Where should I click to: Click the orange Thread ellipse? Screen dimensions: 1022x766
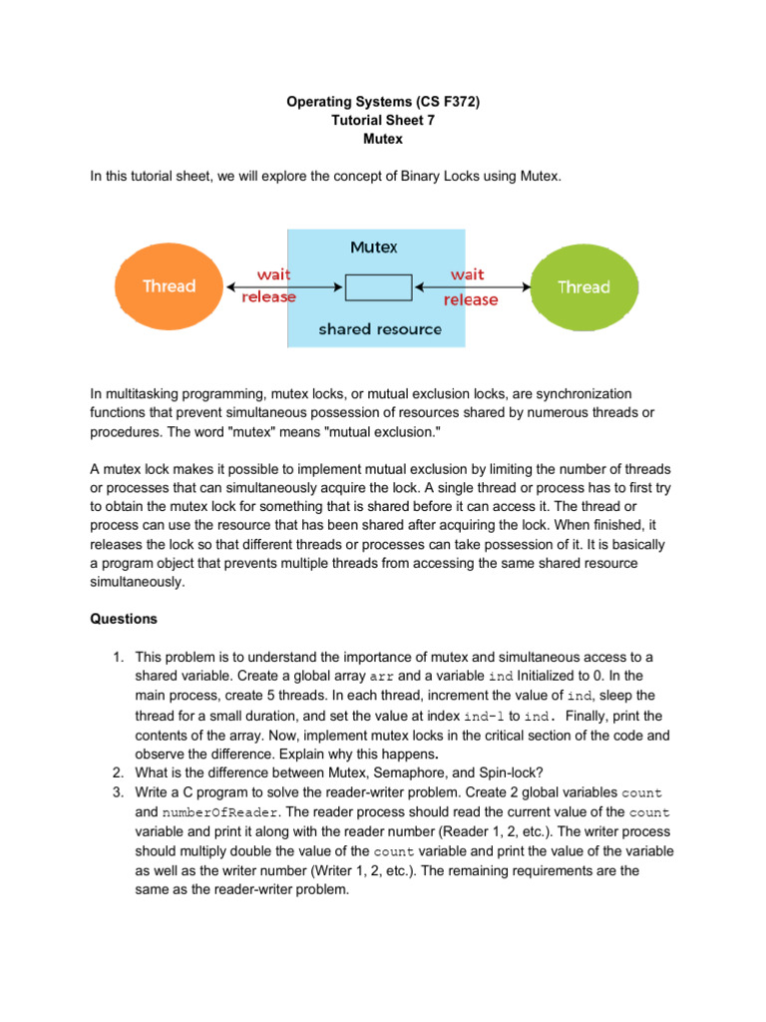coord(169,286)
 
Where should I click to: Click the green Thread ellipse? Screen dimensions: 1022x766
coord(582,287)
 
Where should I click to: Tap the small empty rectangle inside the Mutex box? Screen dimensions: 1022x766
coord(378,287)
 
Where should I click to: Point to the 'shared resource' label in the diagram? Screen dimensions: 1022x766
coord(379,328)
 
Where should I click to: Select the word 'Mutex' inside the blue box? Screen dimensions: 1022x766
coord(374,246)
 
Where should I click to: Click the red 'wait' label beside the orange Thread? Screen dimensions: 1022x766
coord(274,273)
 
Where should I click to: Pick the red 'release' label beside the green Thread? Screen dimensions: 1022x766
coord(471,299)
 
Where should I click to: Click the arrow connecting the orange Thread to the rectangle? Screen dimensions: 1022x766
coord(285,286)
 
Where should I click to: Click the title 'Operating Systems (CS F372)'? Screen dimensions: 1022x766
coord(382,101)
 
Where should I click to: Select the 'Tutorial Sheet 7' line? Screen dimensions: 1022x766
coord(382,120)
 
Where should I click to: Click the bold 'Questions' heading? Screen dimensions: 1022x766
coord(124,619)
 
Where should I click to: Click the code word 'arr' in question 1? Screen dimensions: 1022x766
coord(369,677)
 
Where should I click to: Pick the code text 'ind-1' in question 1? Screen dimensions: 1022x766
coord(486,717)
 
